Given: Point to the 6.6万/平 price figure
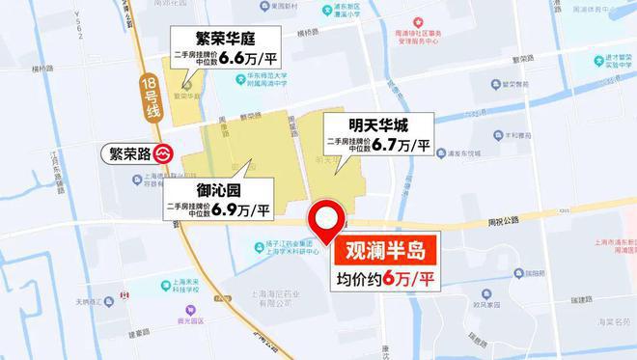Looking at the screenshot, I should tap(253, 60).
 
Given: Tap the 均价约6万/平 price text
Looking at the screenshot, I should tap(385, 282).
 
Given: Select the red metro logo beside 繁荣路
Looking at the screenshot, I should tap(164, 152).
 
